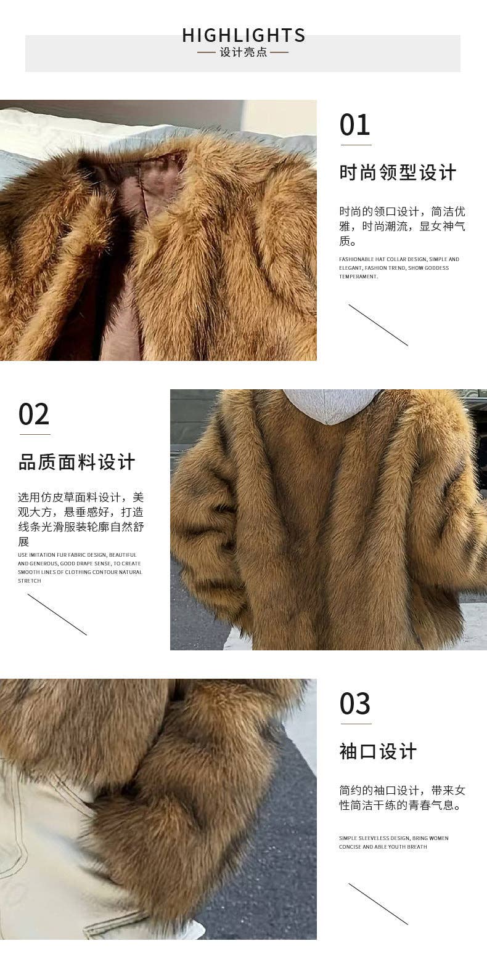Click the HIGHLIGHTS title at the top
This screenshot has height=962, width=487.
(243, 36)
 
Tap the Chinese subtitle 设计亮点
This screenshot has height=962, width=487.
(243, 52)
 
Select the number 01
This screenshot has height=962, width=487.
(354, 125)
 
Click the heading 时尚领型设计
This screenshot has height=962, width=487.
(398, 172)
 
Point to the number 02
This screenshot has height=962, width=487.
(34, 414)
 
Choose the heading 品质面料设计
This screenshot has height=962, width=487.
(76, 462)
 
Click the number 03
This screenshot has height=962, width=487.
(355, 704)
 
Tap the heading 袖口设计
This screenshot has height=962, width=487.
(378, 751)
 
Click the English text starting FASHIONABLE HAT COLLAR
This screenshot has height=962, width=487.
(399, 268)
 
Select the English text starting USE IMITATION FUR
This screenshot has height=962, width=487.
(80, 567)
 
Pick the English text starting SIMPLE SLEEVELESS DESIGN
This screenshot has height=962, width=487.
(393, 842)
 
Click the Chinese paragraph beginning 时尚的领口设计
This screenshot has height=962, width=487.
(402, 226)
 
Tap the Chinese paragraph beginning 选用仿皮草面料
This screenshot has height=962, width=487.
(80, 519)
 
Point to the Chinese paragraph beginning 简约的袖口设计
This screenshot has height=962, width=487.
(402, 798)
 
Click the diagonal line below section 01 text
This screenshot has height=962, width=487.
(378, 325)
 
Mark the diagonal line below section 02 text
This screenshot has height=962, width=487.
(57, 614)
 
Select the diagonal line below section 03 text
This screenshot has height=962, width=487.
(378, 903)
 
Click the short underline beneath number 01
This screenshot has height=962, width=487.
(356, 145)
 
